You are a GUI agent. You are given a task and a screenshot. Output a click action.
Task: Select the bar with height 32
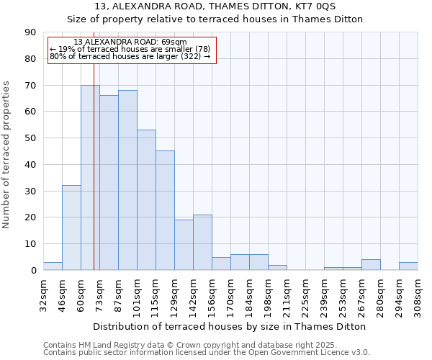coord(71,228)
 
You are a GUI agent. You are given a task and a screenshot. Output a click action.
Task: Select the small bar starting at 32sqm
coord(53,266)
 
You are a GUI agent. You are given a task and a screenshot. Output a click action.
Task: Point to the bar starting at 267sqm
coord(371,265)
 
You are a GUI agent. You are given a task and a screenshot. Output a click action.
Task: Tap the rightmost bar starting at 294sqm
coord(408,266)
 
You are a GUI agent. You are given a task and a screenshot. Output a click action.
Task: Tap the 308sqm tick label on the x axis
coord(418,294)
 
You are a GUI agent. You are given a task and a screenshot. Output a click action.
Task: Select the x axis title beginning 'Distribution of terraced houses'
coord(230,326)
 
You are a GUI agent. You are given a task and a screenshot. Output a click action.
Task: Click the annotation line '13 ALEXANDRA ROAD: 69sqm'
coord(130,42)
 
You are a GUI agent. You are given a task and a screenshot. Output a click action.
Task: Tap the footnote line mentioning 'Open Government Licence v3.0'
coord(207,353)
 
